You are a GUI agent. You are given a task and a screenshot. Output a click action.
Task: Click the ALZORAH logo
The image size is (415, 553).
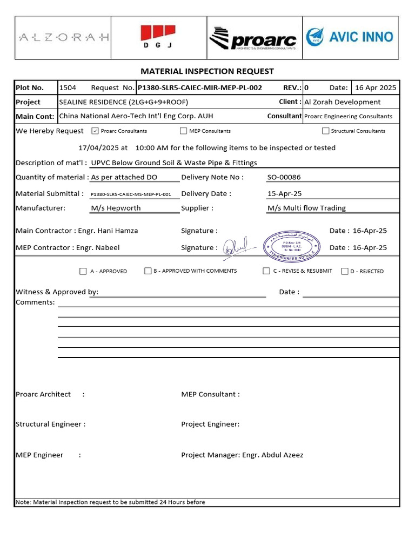[64, 37]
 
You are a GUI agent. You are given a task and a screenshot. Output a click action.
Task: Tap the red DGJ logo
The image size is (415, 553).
[158, 37]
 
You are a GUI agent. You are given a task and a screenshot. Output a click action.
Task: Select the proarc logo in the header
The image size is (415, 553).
[253, 38]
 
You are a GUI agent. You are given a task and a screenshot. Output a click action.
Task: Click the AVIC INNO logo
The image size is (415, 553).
[350, 37]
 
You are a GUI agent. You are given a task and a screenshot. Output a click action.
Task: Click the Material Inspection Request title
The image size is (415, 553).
[207, 71]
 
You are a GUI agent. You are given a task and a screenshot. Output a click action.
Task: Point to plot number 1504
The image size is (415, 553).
[68, 87]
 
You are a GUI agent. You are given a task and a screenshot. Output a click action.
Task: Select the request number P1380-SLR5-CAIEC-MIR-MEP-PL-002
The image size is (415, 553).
[200, 87]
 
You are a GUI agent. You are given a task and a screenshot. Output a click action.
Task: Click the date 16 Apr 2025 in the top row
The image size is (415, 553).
[376, 87]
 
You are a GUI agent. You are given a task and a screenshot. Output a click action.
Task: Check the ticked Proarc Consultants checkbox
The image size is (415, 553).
[95, 131]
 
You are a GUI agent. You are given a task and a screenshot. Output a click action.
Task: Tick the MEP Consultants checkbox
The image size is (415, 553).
[184, 131]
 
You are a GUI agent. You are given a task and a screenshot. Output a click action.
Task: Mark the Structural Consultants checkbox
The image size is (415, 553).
[326, 131]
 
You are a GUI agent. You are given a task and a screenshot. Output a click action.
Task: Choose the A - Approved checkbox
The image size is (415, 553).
[83, 271]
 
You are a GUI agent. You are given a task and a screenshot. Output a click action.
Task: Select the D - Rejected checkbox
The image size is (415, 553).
[345, 271]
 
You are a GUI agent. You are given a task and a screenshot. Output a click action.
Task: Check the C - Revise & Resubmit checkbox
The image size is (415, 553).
[266, 271]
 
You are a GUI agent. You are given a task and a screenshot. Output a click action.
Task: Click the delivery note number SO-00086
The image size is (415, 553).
[285, 177]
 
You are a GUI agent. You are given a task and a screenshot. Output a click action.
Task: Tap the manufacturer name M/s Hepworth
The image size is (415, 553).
[116, 208]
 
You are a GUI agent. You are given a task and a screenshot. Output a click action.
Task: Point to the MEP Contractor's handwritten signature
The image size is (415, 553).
[236, 247]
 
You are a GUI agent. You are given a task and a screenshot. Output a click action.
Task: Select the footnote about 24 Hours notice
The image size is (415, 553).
[111, 502]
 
